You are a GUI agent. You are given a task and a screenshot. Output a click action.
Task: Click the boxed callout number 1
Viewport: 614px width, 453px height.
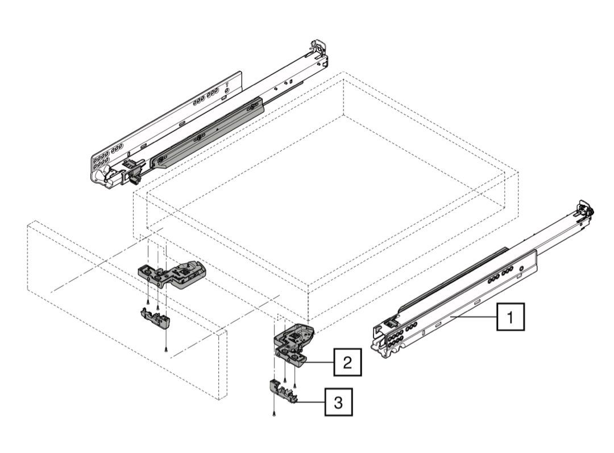[x=511, y=317]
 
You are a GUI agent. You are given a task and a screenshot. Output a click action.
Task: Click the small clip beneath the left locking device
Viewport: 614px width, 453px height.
[x=155, y=317]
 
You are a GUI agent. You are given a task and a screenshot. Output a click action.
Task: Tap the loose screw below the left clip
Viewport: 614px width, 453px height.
[x=165, y=349]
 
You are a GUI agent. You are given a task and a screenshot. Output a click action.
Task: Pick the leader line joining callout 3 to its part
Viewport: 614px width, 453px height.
[x=312, y=402]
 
